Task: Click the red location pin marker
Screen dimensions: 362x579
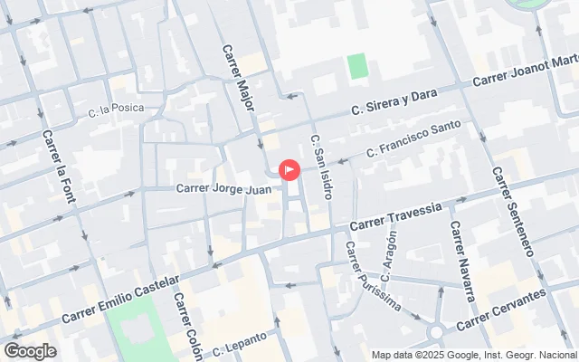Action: point(290,169)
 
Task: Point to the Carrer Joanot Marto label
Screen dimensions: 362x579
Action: point(527,72)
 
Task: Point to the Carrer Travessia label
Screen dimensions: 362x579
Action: point(395,214)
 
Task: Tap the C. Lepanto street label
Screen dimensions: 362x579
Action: point(240,345)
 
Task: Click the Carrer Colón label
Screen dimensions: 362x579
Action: point(187,325)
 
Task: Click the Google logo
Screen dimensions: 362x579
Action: point(31,350)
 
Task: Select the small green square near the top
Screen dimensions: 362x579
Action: point(357,66)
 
